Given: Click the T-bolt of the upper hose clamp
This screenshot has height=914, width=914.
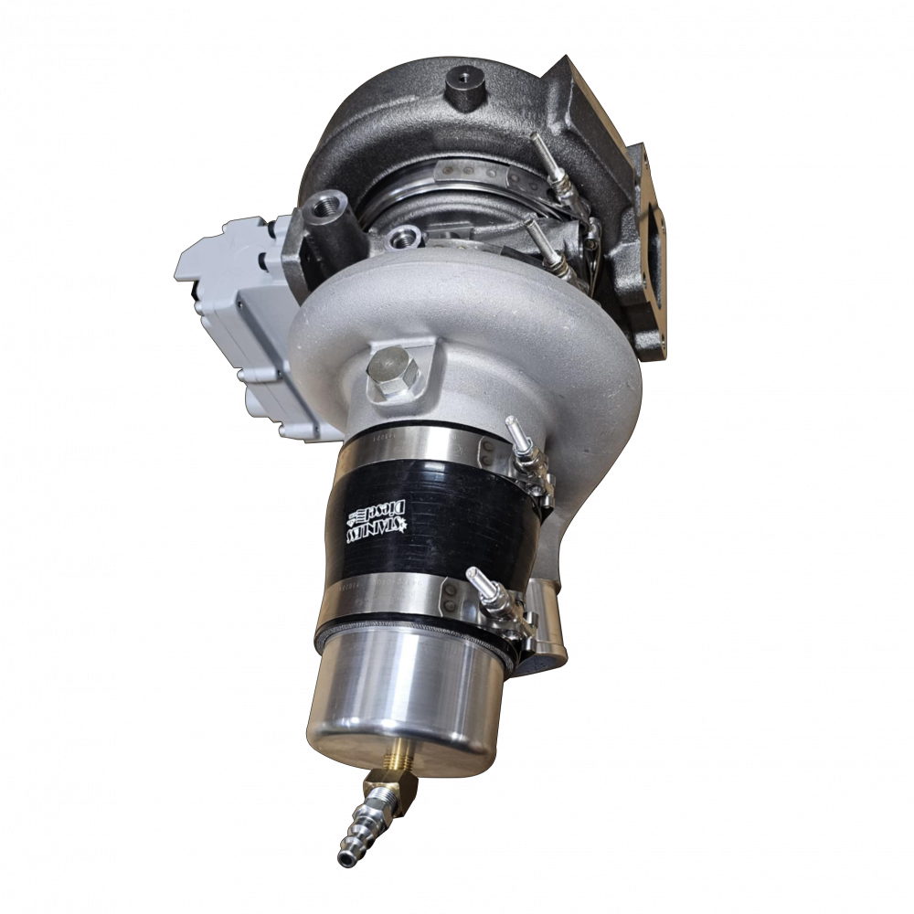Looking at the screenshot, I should pyautogui.click(x=525, y=444).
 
